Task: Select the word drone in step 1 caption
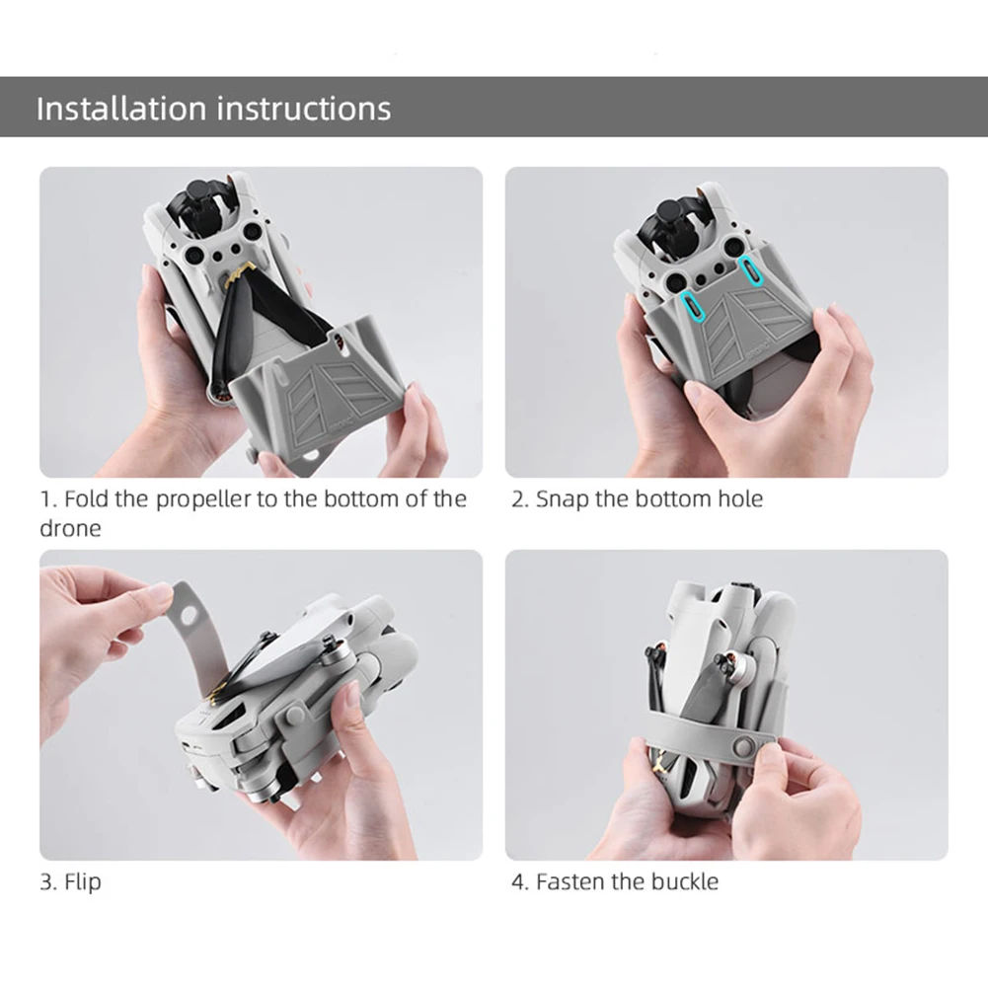point(70,528)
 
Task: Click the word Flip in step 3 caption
point(83,880)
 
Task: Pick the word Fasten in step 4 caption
point(570,880)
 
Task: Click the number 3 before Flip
point(45,880)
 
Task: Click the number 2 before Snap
point(517,498)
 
